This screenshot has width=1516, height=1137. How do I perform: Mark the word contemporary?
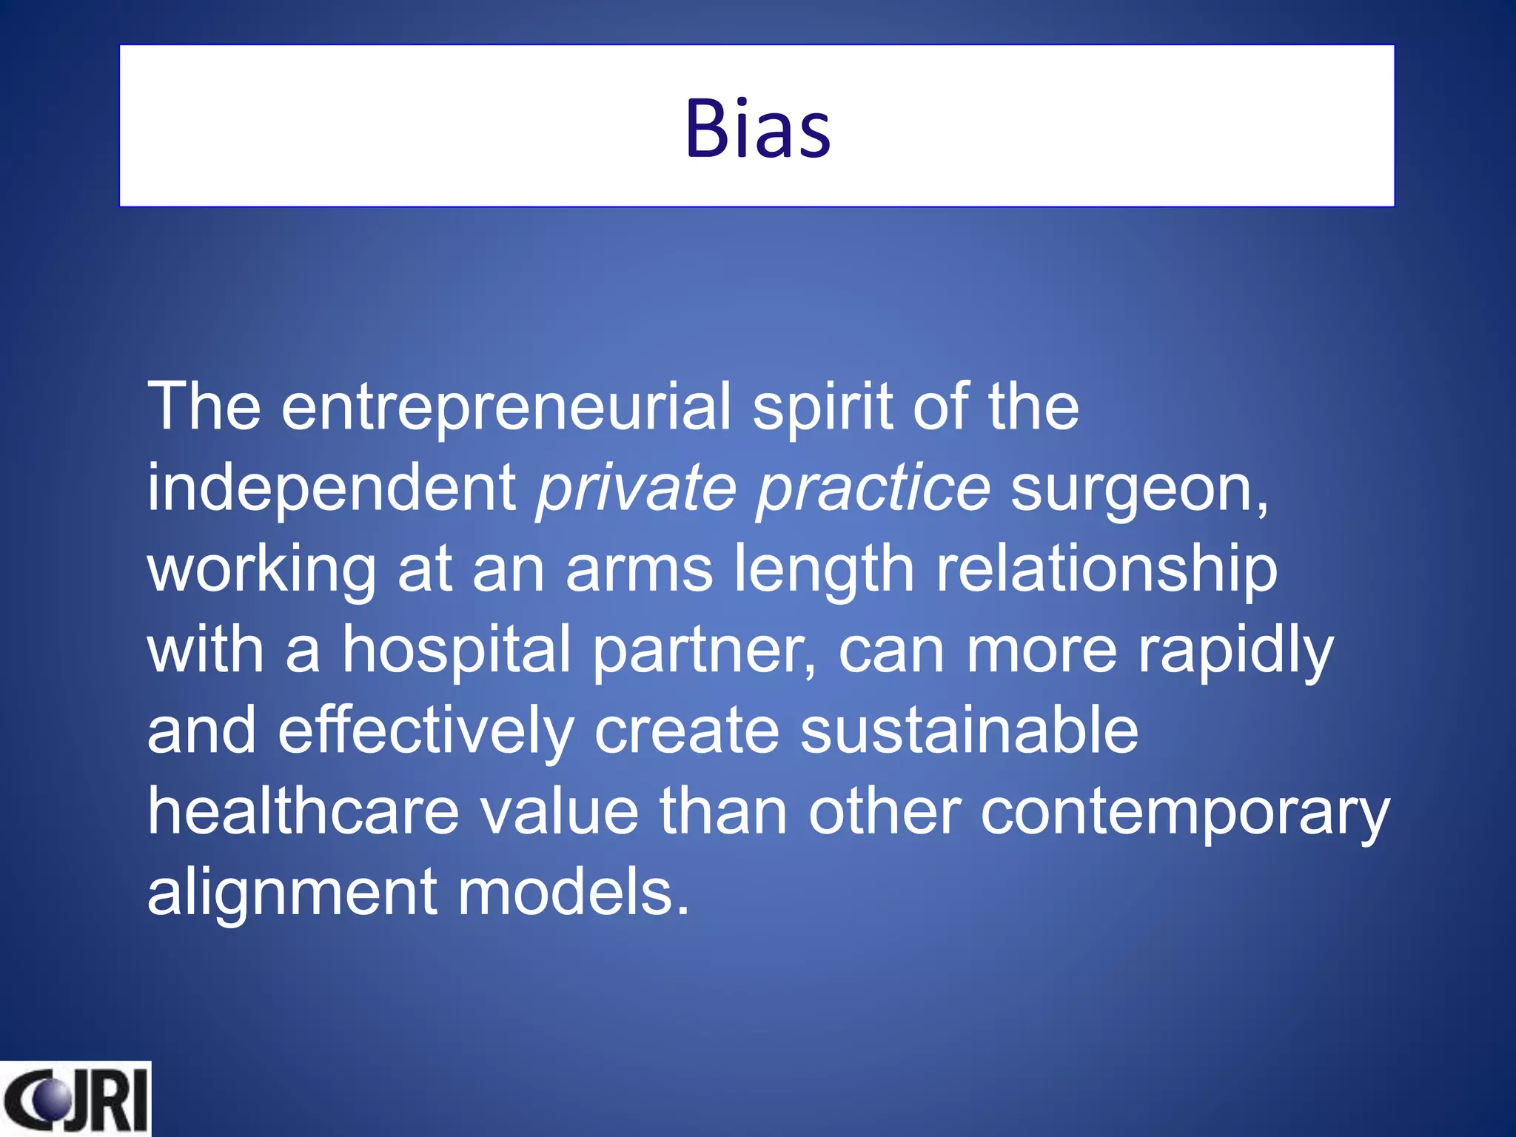tap(1185, 813)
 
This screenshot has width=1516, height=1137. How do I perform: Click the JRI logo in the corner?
tap(76, 1099)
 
